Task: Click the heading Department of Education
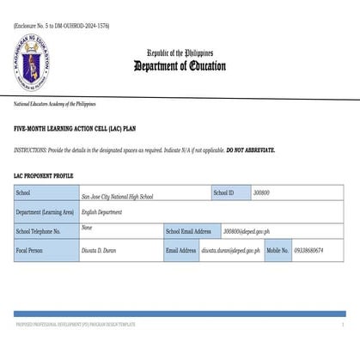pyautogui.click(x=180, y=66)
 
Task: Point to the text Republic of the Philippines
pyautogui.click(x=180, y=52)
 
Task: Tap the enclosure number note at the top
pyautogui.click(x=62, y=26)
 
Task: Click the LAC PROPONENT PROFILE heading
pyautogui.click(x=49, y=175)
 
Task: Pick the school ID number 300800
pyautogui.click(x=261, y=193)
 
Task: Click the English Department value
pyautogui.click(x=101, y=211)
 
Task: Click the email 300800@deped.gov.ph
pyautogui.click(x=247, y=231)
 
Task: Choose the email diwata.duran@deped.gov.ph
pyautogui.click(x=230, y=250)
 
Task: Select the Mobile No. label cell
pyautogui.click(x=277, y=250)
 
